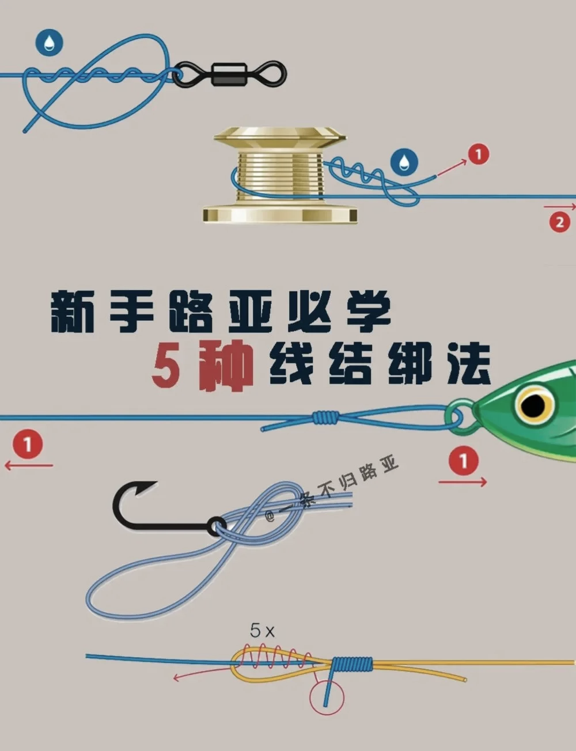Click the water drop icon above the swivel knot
(x=49, y=41)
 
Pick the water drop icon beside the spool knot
(x=404, y=162)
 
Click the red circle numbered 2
(x=559, y=222)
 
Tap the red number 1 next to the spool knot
(x=478, y=154)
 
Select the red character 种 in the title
(x=225, y=366)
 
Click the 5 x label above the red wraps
(x=262, y=631)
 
